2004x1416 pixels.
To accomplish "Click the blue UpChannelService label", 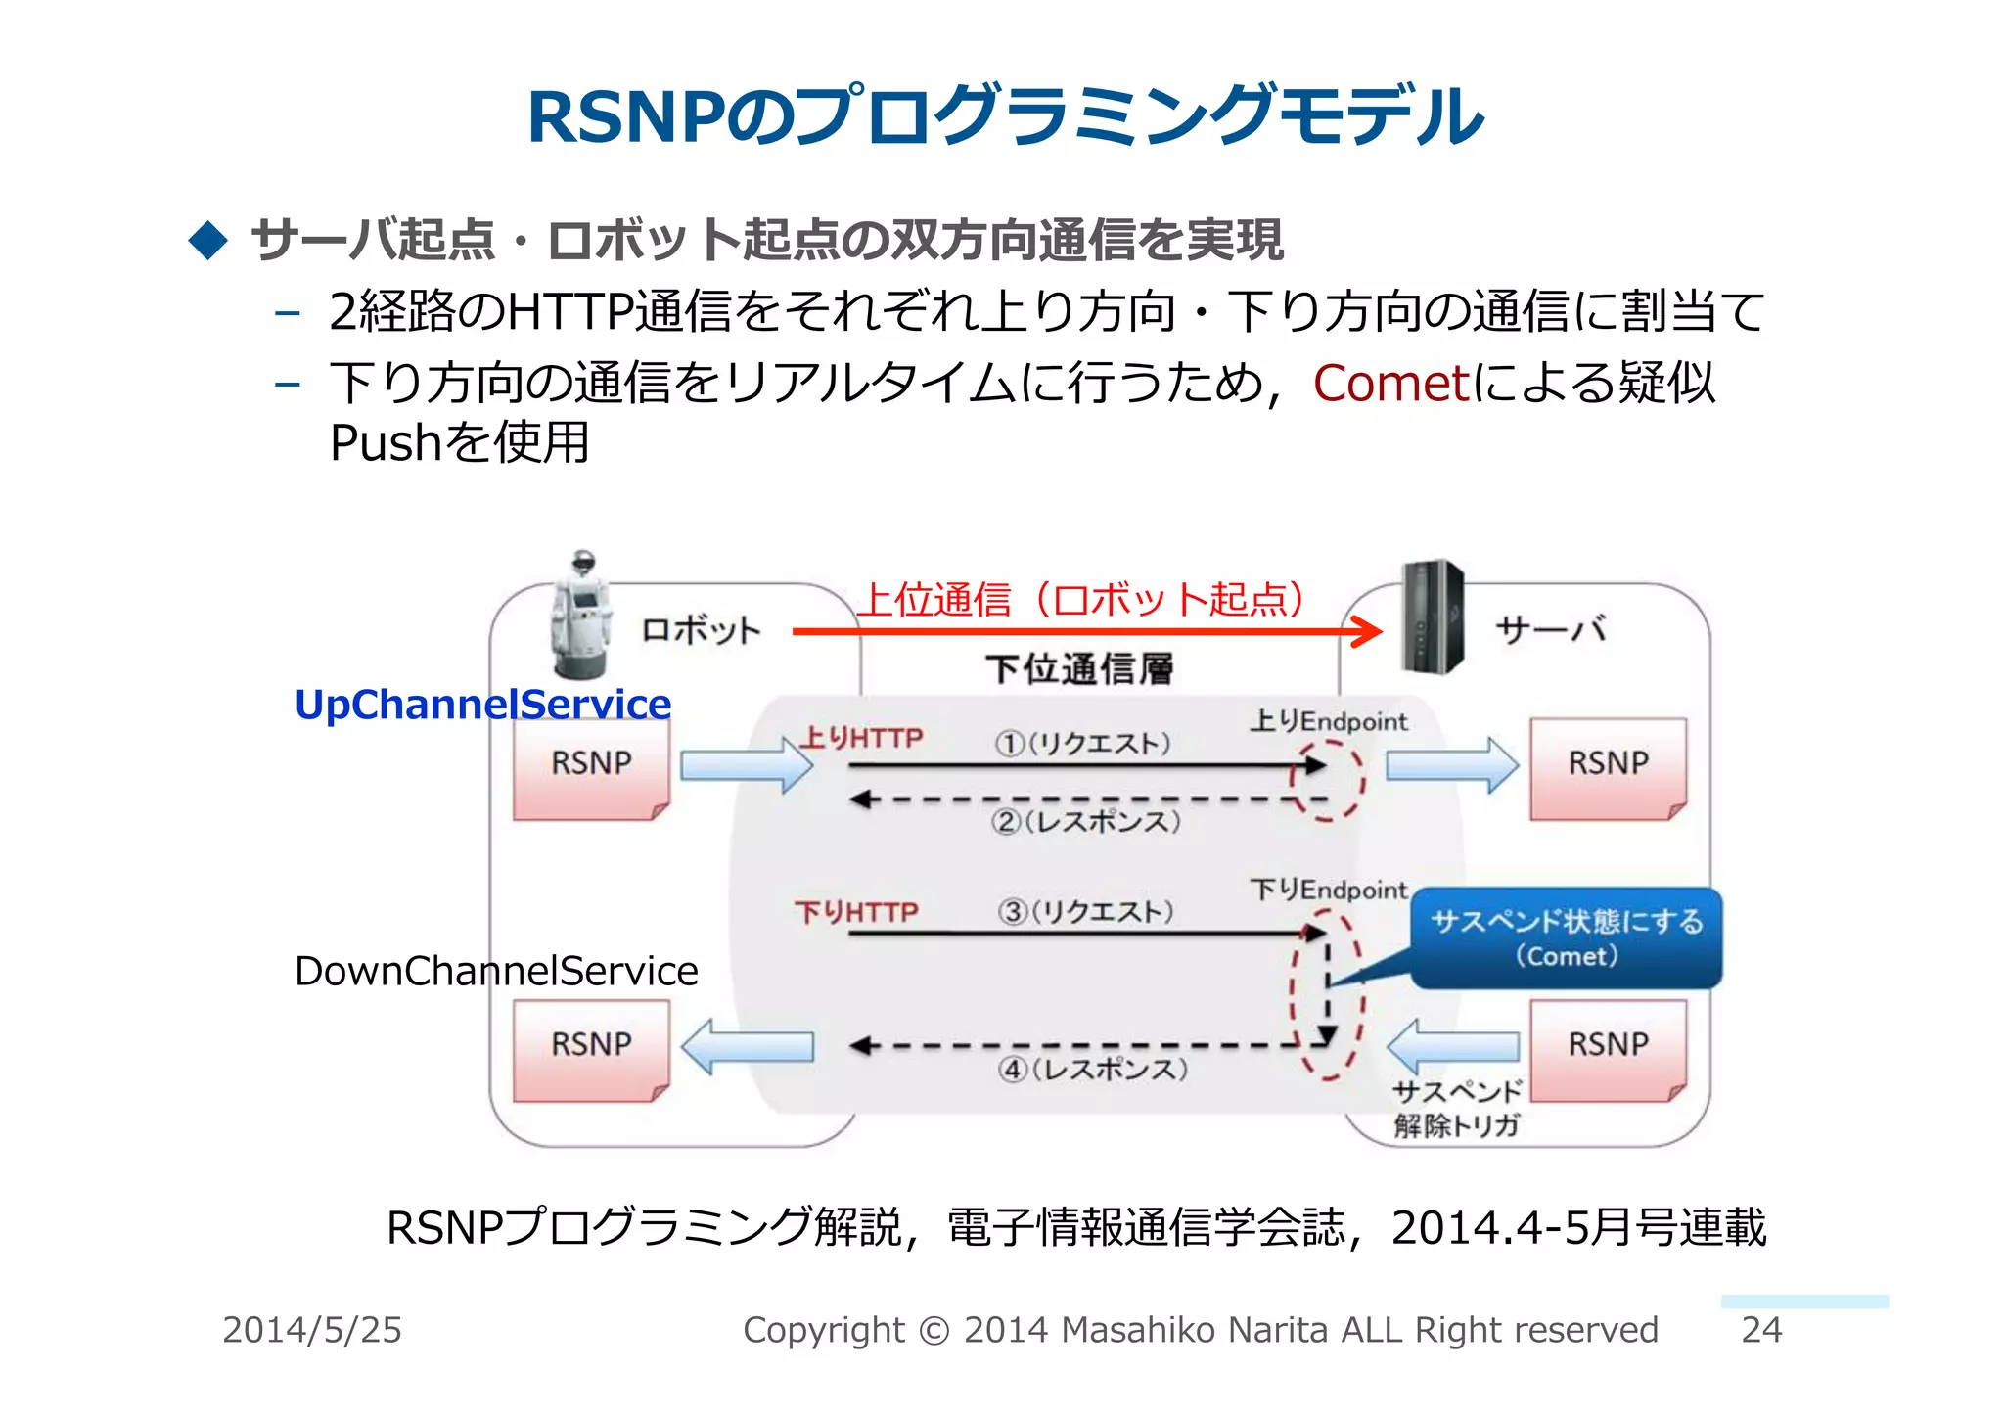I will [482, 705].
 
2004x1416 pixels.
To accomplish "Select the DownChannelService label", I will [496, 971].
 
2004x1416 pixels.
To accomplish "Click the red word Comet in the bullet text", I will [1390, 383].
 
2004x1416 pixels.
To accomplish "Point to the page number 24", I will [1761, 1330].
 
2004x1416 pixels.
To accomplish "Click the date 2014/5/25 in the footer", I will [311, 1330].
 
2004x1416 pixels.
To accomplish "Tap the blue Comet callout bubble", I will [1566, 937].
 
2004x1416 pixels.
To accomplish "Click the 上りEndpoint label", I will [1328, 721].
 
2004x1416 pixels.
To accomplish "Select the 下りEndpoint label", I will [1328, 890].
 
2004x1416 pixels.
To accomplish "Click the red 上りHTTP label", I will [861, 737].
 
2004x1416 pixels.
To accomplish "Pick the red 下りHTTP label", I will [856, 912].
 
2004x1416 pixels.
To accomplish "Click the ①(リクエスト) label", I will [1082, 744].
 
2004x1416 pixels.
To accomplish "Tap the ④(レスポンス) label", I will [1092, 1069].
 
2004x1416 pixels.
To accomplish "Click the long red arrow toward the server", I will [1076, 631].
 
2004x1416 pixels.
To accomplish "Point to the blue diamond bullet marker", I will [207, 240].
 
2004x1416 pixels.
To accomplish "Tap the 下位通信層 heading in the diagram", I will [1079, 669].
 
